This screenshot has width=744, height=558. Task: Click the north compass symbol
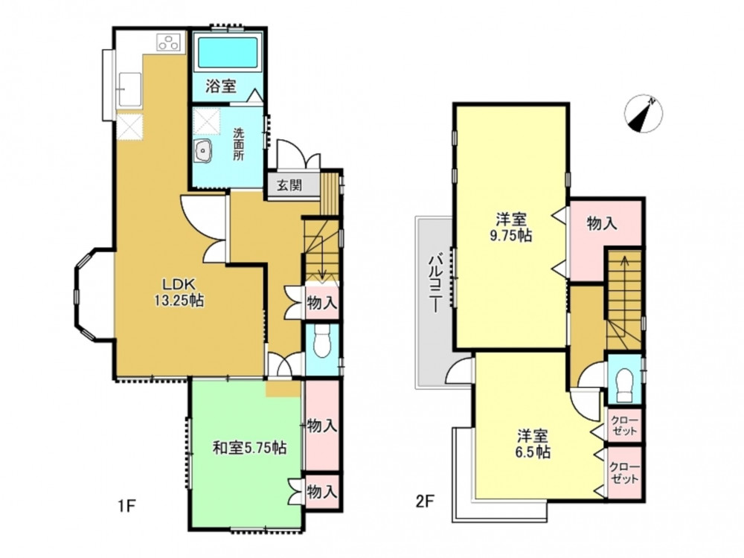[644, 114]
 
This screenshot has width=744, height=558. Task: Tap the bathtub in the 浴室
[228, 52]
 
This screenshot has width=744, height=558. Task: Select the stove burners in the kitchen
[169, 42]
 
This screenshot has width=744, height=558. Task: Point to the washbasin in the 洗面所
[205, 152]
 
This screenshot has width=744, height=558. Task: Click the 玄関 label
[289, 184]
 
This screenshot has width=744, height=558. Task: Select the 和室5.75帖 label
[249, 447]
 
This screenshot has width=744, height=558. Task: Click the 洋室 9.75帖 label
[511, 228]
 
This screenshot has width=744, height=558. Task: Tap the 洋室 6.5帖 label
[533, 443]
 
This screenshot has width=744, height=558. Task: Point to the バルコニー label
[435, 283]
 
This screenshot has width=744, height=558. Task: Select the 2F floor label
[425, 502]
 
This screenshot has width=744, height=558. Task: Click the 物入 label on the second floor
[602, 223]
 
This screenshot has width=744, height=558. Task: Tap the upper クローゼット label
[624, 426]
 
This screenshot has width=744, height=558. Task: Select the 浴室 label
[221, 86]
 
